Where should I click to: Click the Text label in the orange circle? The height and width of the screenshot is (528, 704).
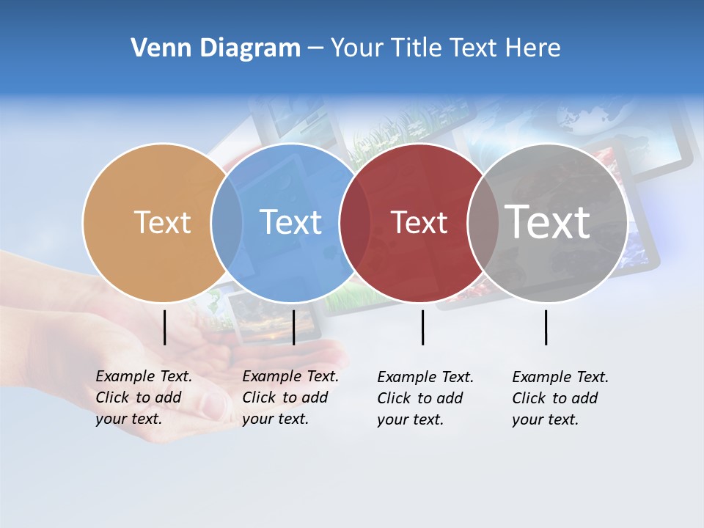click(x=162, y=222)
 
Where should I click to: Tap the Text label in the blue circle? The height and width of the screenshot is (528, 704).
click(x=290, y=222)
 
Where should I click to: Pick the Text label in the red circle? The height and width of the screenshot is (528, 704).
click(x=419, y=222)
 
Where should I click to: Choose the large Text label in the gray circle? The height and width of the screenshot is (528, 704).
click(x=548, y=221)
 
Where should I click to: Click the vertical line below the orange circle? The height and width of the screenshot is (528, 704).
click(x=165, y=327)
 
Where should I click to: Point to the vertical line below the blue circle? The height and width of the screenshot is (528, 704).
click(x=293, y=327)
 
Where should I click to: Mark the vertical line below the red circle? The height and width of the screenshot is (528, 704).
click(x=423, y=327)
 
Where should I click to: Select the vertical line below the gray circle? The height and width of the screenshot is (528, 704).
click(x=546, y=327)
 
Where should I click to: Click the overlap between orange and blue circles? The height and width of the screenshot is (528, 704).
click(x=227, y=222)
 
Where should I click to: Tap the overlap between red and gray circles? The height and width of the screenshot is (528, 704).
click(x=483, y=222)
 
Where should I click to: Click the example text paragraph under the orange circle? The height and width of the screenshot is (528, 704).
click(x=144, y=397)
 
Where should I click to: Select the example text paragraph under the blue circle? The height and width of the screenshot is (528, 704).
click(x=290, y=397)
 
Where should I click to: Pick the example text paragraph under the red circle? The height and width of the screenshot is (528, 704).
click(x=425, y=398)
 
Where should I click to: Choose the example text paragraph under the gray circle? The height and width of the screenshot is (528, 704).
click(x=560, y=398)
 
